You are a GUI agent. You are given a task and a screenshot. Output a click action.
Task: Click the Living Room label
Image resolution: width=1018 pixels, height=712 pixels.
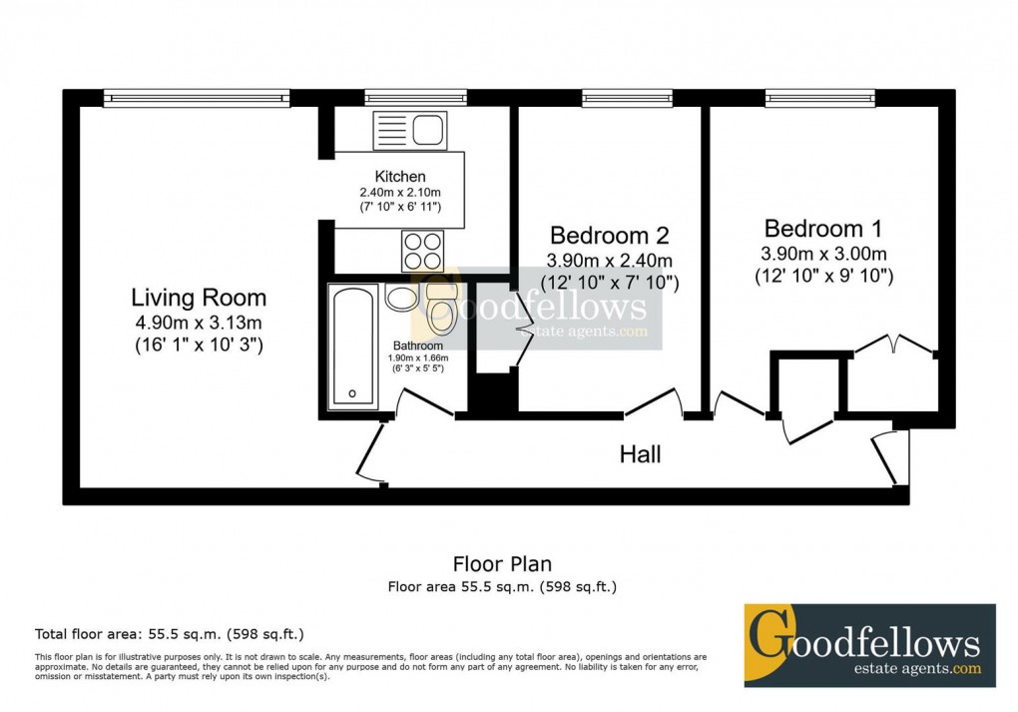[x=199, y=298]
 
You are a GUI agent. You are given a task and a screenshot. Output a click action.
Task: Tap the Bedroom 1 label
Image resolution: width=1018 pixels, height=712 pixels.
[x=822, y=228]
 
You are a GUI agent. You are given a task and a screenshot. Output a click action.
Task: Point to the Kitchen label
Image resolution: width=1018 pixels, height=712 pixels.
[x=400, y=177]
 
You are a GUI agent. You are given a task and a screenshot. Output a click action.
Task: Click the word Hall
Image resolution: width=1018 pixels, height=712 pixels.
[x=640, y=455]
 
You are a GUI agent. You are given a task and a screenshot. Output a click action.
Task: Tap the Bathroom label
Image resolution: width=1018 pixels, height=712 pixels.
[x=417, y=347]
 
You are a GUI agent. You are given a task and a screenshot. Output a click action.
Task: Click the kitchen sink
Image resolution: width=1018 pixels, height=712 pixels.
[x=409, y=130]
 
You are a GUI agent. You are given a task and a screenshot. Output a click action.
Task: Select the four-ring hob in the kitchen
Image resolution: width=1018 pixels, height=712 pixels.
[x=423, y=249]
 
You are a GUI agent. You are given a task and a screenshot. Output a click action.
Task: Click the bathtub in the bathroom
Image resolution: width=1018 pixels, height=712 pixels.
[x=354, y=346]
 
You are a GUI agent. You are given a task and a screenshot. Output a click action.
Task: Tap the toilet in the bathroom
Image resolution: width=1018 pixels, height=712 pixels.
[x=440, y=308]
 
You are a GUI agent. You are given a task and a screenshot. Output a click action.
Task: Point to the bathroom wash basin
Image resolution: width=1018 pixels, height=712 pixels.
[x=400, y=299]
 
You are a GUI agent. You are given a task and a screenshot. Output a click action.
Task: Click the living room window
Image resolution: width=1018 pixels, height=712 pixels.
[x=196, y=98]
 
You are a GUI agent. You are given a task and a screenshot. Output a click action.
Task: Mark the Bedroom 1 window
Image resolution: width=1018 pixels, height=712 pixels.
[x=820, y=98]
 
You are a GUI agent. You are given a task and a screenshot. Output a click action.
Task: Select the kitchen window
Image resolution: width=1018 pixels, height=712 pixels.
[x=415, y=98]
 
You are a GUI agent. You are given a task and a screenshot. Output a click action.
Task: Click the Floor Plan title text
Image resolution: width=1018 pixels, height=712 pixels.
[x=502, y=565]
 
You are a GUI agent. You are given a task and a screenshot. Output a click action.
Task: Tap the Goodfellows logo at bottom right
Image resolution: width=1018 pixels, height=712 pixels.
[x=869, y=645]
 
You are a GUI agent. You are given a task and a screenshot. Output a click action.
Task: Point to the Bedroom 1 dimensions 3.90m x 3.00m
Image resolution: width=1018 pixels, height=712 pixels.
[x=822, y=253]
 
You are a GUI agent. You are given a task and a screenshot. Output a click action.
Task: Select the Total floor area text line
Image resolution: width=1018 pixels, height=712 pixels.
[x=169, y=634]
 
